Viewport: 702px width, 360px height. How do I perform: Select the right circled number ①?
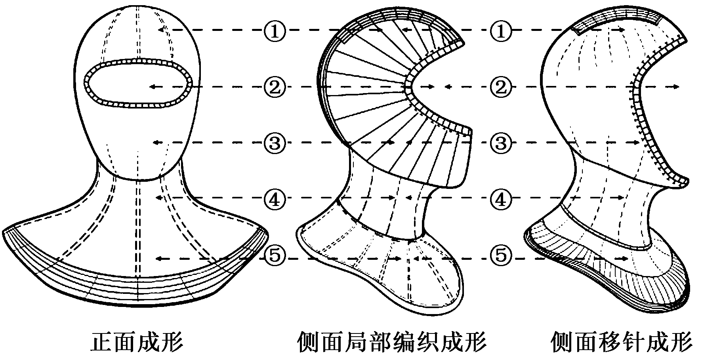[501, 30]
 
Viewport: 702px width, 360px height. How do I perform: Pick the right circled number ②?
[501, 87]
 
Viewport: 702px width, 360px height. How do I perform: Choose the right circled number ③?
[501, 142]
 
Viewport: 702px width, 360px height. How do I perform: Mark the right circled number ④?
[501, 198]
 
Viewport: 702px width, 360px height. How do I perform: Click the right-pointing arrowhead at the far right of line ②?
[677, 87]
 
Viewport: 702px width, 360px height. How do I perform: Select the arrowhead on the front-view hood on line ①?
[160, 30]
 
